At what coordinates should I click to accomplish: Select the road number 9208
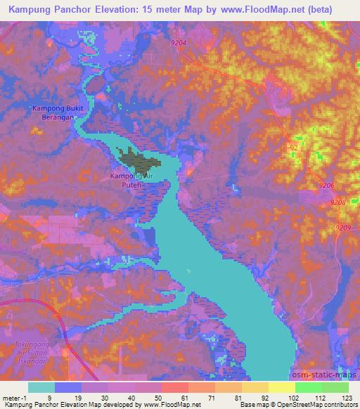tap(338, 202)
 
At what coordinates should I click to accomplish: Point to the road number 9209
tap(343, 227)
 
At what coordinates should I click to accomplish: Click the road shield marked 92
tap(294, 147)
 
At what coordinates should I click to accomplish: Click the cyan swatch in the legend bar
tap(41, 387)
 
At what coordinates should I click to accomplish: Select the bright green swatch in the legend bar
tap(308, 387)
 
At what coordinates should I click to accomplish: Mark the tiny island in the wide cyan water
tap(188, 271)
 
